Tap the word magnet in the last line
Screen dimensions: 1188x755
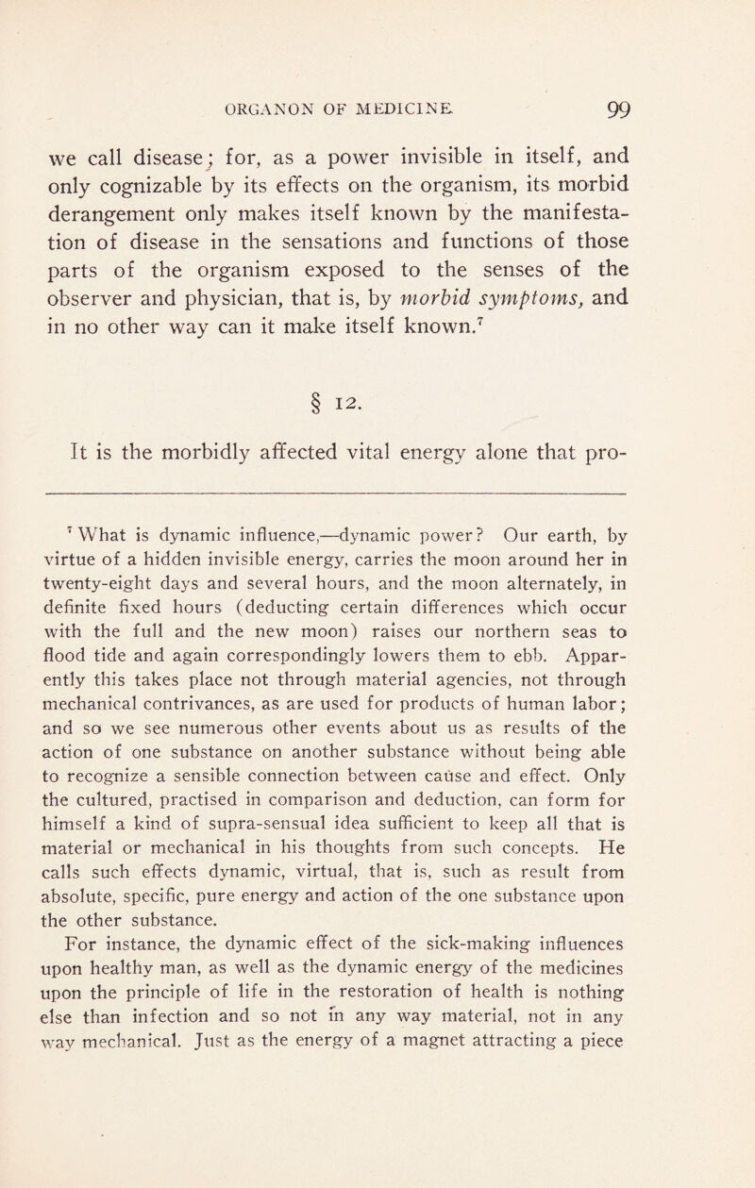[x=484, y=1085]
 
